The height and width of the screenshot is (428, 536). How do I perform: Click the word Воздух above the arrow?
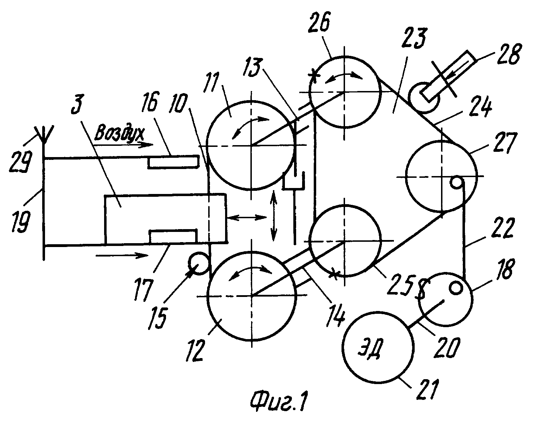coord(120,133)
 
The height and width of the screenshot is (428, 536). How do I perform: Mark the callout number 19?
coord(21,222)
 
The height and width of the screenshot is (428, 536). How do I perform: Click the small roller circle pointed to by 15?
coord(198,264)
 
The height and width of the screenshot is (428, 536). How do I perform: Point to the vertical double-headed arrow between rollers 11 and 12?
coord(274,216)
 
